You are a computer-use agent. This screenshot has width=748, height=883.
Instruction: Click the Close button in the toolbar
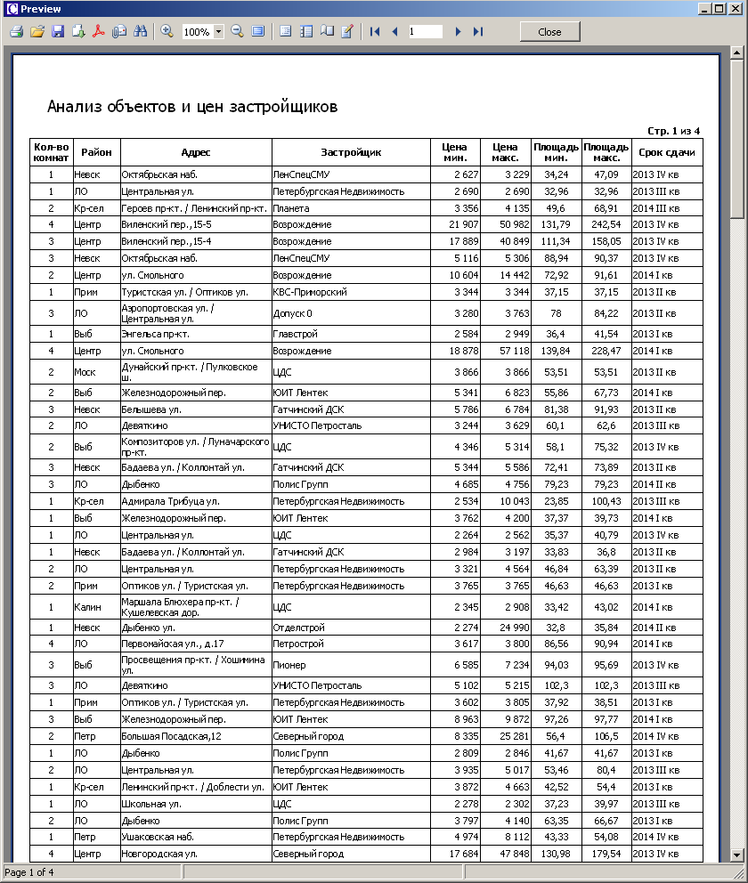(549, 31)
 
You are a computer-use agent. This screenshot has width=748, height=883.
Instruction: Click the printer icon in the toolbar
(16, 31)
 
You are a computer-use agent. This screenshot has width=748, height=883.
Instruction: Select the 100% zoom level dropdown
(202, 31)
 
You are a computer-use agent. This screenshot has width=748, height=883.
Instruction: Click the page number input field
(425, 31)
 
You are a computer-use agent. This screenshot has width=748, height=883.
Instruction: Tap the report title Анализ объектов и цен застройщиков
(191, 107)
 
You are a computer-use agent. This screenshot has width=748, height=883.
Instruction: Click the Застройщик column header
(351, 152)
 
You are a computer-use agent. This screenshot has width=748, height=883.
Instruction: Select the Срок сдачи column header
(666, 152)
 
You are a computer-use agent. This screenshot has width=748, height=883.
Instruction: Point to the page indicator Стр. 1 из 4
(673, 131)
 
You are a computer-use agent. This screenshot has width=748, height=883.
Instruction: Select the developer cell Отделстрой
(299, 628)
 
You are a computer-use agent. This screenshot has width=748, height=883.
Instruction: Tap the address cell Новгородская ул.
(159, 854)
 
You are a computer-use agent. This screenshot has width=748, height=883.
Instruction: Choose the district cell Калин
(88, 606)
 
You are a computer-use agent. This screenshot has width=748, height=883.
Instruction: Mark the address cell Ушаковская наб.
(158, 837)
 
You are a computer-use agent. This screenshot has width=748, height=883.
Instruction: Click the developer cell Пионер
(289, 665)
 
